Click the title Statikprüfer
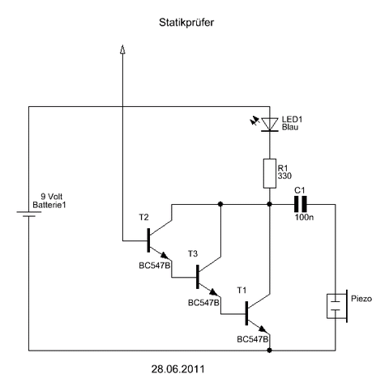pos(186,23)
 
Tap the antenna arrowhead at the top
pos(122,49)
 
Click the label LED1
pos(292,119)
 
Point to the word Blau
pos(290,127)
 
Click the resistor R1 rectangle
pos(270,173)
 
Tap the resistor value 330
pos(284,176)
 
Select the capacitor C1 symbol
pos(301,204)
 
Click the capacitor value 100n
pos(304,217)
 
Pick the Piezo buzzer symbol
pos(337,306)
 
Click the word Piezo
pos(361,299)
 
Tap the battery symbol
pos(29,214)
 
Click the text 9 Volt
pos(51,197)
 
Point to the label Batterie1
pos(49,205)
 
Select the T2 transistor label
pos(143,217)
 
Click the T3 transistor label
pos(193,253)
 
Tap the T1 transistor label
pos(242,291)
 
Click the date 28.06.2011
pos(178,369)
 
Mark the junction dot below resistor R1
pos(269,204)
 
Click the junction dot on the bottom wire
pos(269,351)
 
